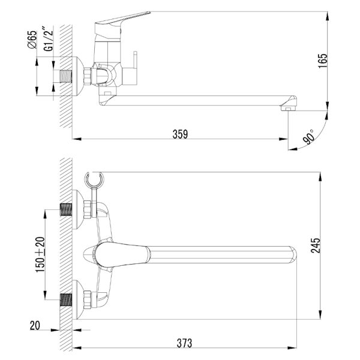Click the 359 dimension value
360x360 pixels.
[x=180, y=134]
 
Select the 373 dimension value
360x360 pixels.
[x=184, y=343]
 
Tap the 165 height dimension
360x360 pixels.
[x=323, y=61]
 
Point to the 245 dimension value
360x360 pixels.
[x=316, y=245]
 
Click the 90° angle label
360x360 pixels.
[x=308, y=137]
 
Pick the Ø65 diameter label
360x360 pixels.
[x=32, y=40]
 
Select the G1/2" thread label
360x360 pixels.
[x=49, y=38]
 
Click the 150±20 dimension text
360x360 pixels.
[x=40, y=255]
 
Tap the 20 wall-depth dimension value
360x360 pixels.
[x=35, y=326]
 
